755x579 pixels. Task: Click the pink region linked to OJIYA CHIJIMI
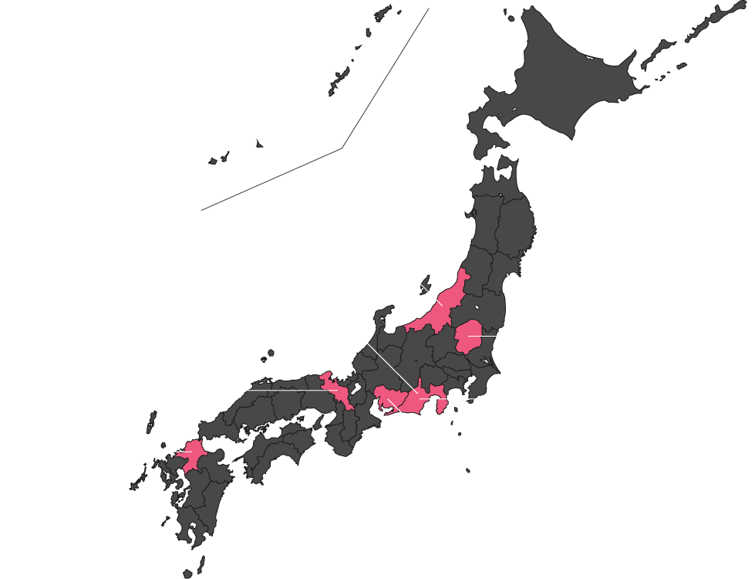pos(443,305)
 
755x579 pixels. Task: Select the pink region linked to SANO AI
pos(468,337)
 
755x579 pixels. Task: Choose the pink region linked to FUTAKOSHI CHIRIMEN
pos(337,390)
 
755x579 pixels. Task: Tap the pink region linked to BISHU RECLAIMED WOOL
pos(389,399)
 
